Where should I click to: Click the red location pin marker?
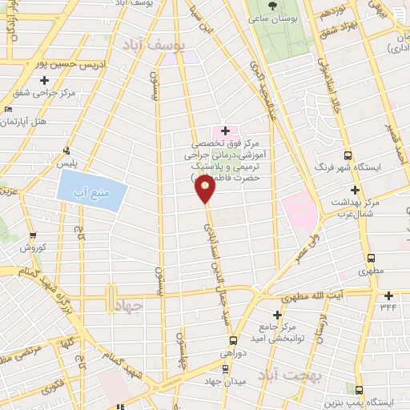(206, 187)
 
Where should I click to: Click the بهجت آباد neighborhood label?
(295, 376)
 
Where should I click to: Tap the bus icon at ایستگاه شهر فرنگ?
(347, 155)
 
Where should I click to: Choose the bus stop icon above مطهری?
(370, 259)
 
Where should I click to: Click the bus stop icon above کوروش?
(32, 236)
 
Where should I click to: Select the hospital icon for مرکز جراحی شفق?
(44, 80)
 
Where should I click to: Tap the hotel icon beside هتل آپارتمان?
(8, 109)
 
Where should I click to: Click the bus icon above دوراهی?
(225, 369)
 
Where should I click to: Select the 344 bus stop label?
(388, 306)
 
